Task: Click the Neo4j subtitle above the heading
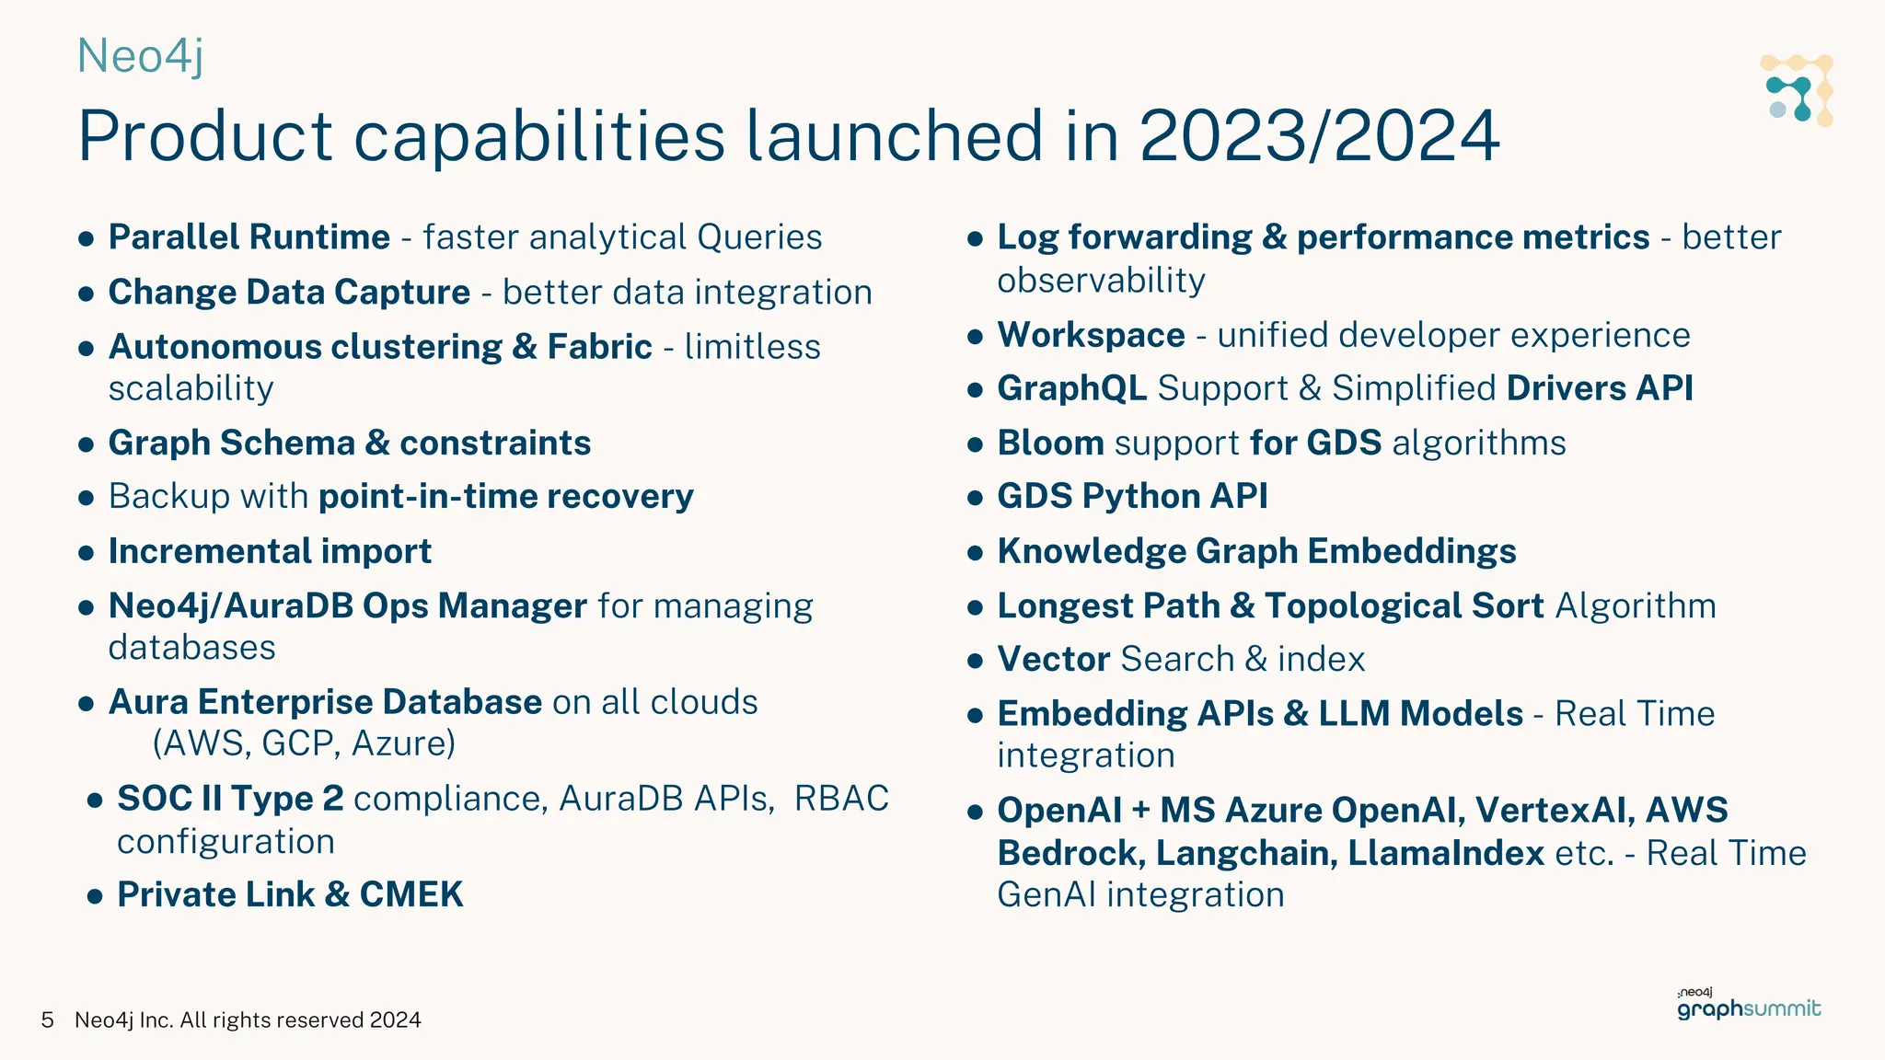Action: point(140,56)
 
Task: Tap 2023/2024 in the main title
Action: point(1319,136)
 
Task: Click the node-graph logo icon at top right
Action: point(1797,90)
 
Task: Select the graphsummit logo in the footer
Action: point(1748,1006)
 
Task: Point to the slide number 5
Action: point(47,1020)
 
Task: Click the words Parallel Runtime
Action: point(249,237)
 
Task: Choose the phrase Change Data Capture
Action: point(289,293)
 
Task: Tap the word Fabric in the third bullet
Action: point(599,347)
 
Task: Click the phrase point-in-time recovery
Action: point(505,497)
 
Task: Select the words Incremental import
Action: point(270,551)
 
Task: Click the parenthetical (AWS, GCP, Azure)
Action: point(304,743)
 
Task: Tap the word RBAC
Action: point(841,799)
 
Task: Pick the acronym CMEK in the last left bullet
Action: point(411,894)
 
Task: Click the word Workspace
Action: point(1091,335)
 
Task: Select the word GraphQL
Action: point(1071,388)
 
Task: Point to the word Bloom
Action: point(1050,444)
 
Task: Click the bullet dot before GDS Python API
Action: point(976,498)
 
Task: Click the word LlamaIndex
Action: point(1445,853)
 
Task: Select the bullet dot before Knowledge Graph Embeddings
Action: point(976,553)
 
